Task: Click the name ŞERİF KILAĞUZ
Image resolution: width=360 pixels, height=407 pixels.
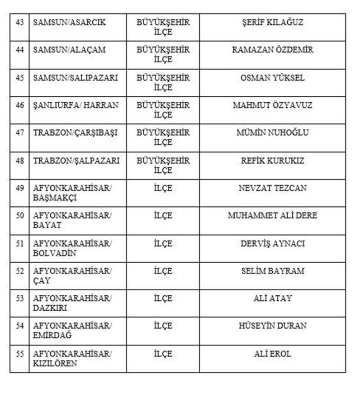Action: point(272,22)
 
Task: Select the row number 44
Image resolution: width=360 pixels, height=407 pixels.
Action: point(19,50)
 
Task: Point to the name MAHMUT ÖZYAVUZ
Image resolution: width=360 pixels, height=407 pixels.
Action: point(272,105)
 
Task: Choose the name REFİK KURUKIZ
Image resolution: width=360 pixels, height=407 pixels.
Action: point(272,161)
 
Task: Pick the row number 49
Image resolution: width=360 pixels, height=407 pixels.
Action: point(19,188)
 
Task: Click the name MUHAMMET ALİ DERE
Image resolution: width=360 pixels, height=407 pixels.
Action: point(272,216)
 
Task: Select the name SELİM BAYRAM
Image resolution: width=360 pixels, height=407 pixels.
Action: point(272,271)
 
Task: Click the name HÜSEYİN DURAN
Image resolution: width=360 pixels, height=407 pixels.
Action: point(272,326)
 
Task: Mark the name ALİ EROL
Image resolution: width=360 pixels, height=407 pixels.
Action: point(272,354)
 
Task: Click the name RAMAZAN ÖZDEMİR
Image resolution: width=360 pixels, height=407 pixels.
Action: point(272,50)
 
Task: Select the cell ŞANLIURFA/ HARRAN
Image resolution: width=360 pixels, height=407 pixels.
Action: point(76,105)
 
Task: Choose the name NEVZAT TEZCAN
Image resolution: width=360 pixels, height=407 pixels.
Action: point(272,188)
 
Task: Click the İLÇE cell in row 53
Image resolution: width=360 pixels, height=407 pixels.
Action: point(163,298)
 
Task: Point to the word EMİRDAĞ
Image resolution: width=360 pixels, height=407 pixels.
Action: point(52,336)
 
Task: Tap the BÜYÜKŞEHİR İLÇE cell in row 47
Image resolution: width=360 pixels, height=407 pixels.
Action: point(163,137)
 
